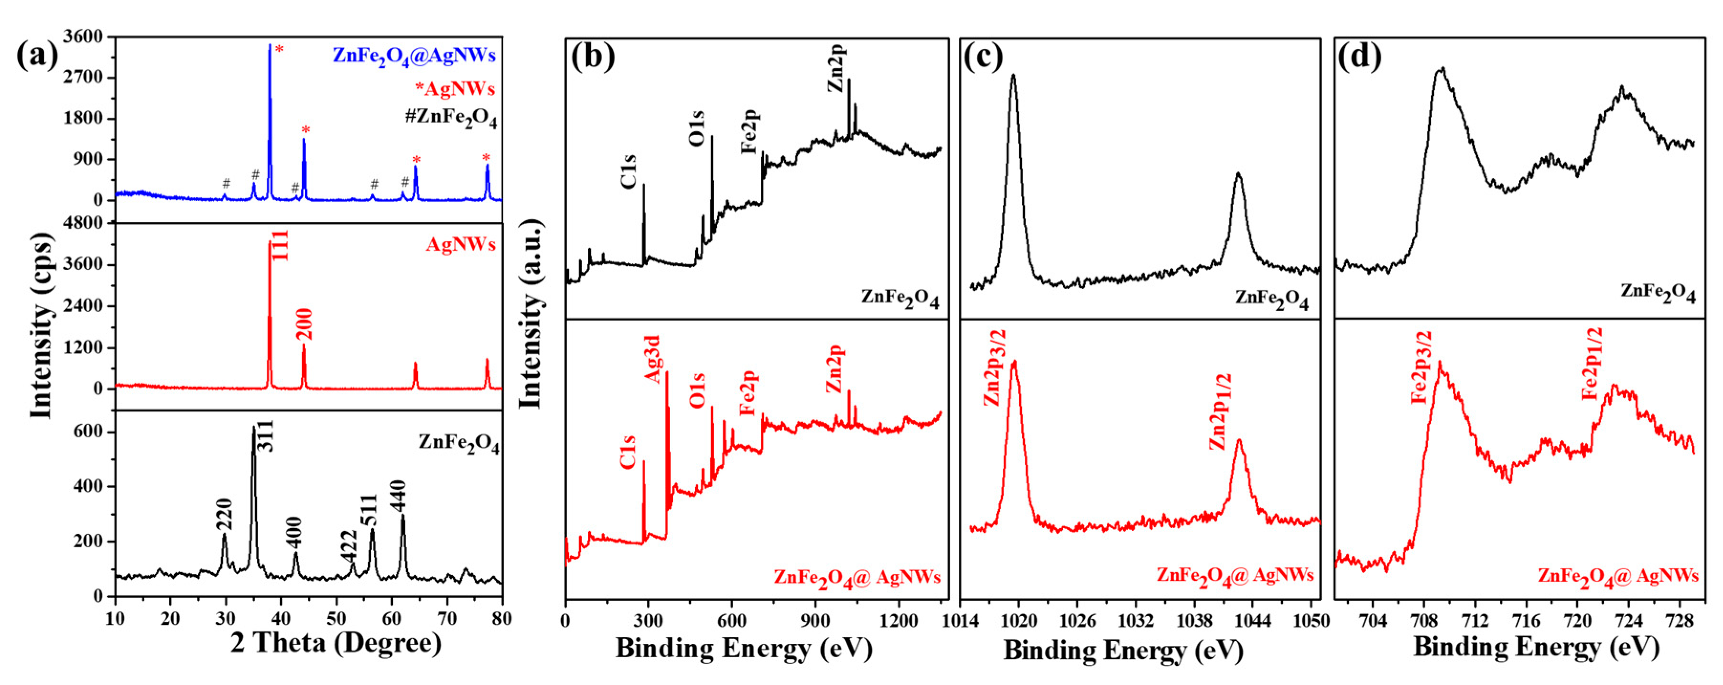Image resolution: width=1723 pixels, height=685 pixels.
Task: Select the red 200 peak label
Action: click(304, 325)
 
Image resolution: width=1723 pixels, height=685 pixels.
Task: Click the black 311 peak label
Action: click(266, 436)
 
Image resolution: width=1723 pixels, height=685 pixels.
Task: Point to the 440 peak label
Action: click(399, 496)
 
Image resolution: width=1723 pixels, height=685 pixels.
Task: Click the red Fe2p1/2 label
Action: click(1593, 364)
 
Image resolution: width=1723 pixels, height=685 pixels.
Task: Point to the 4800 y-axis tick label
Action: click(83, 222)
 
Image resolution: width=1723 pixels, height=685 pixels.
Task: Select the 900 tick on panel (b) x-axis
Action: click(815, 621)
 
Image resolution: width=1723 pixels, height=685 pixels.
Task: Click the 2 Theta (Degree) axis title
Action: click(336, 643)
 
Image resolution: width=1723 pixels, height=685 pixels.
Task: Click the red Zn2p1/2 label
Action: click(1221, 412)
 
